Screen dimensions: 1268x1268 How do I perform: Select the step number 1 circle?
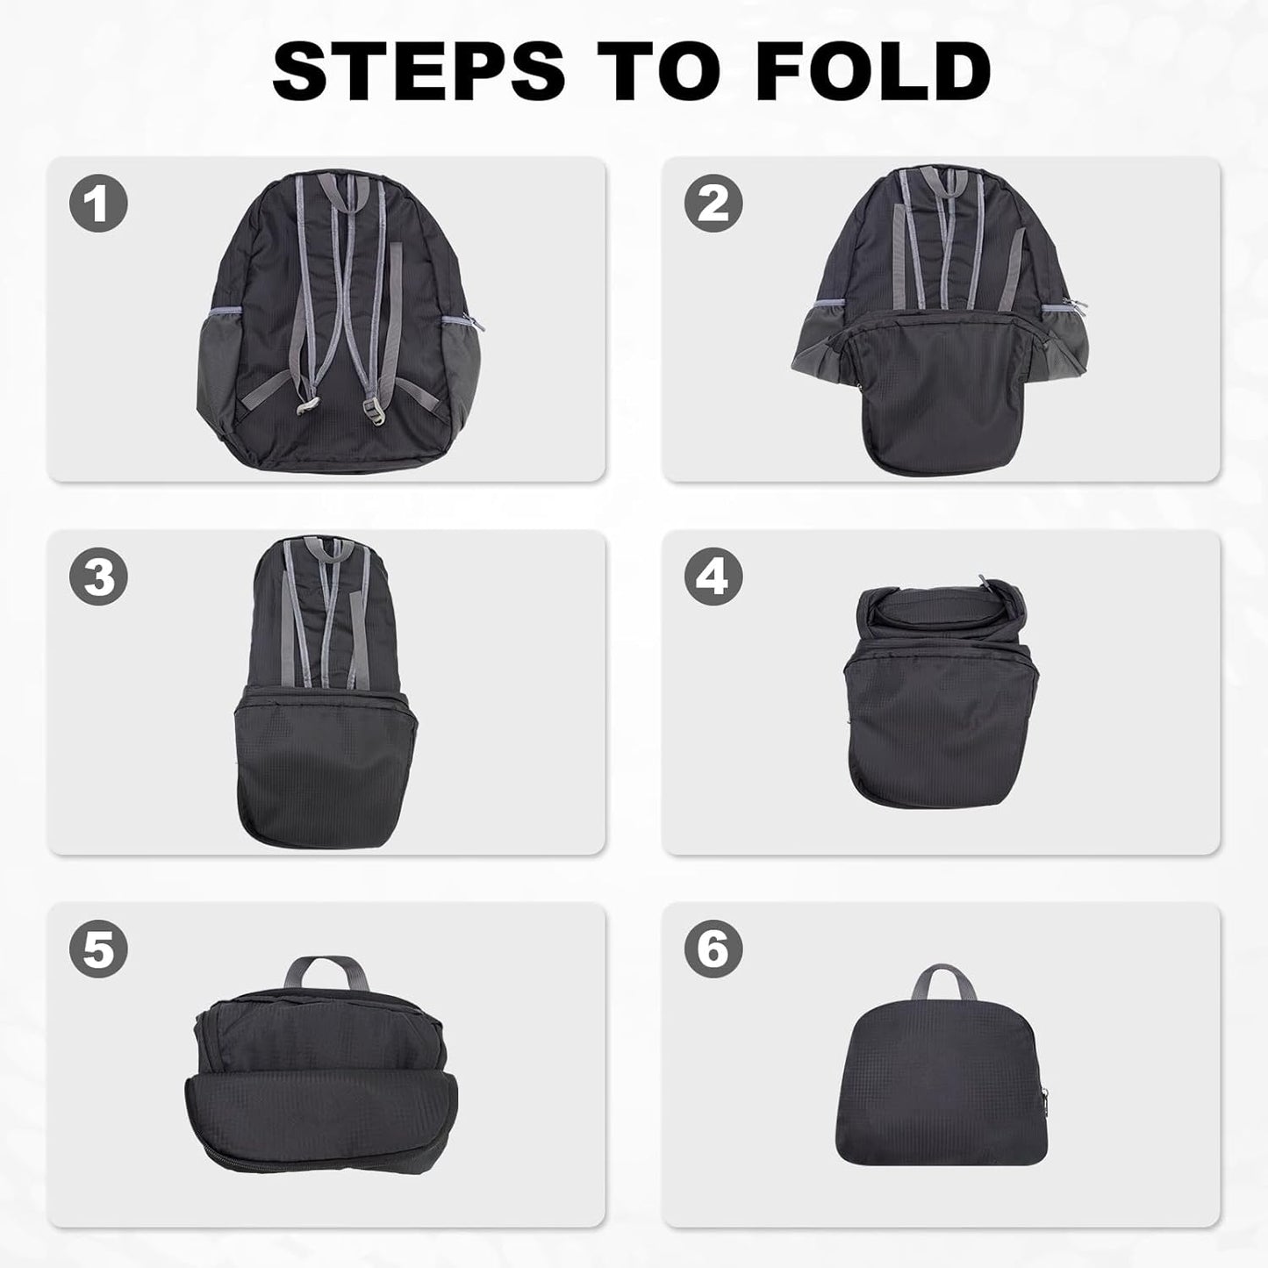coord(98,204)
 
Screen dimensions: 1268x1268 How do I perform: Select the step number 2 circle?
coord(713,204)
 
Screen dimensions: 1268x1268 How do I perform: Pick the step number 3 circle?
coord(98,577)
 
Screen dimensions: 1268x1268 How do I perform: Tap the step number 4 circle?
coord(713,577)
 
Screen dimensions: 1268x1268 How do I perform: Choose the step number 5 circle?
coord(98,950)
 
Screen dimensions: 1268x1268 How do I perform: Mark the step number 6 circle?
coord(713,950)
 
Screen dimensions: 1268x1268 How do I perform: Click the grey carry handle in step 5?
coord(322,974)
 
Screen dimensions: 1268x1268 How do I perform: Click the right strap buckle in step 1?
coord(371,409)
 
